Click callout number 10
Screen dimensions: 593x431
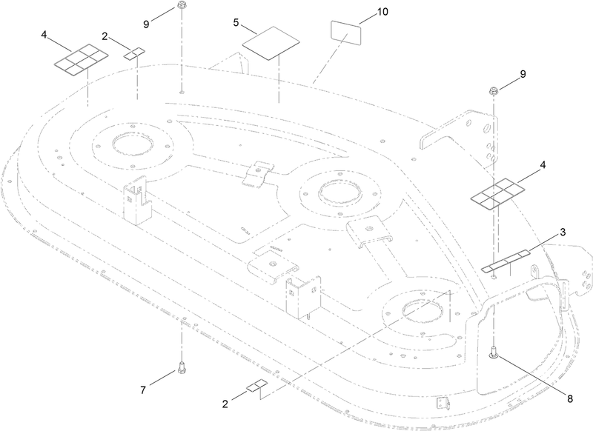[382, 12]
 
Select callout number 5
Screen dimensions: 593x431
[236, 23]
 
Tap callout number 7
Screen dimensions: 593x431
[143, 390]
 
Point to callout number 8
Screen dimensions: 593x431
[569, 398]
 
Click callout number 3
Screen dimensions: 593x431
[563, 233]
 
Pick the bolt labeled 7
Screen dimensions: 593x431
[182, 367]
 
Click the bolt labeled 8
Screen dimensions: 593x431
[494, 352]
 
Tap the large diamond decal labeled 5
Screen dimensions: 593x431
[271, 43]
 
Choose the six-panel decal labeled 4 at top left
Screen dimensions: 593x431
[81, 59]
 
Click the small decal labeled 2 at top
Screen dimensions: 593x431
[134, 53]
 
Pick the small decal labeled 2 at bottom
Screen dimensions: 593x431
[256, 386]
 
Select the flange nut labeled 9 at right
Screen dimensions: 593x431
[494, 90]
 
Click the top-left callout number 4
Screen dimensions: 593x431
[44, 35]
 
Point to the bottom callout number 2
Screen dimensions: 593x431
[225, 404]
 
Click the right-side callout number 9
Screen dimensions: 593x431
[523, 74]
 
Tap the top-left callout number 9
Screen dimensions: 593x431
[146, 24]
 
